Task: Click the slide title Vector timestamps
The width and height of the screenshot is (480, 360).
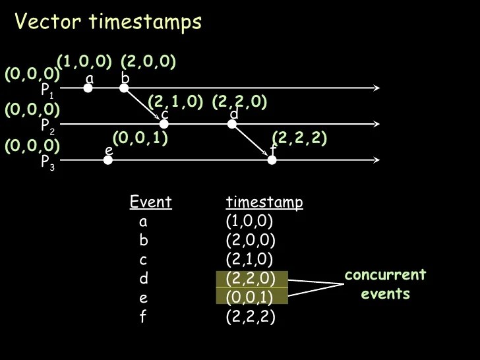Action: (108, 22)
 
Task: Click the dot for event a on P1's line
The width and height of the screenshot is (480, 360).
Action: (88, 87)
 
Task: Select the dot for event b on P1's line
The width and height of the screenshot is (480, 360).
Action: (125, 87)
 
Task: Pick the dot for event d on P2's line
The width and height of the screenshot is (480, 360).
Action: (233, 123)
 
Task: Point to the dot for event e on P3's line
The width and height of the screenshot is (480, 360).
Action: (108, 159)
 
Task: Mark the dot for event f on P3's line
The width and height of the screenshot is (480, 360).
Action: (272, 159)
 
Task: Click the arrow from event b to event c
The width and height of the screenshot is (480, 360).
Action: (144, 105)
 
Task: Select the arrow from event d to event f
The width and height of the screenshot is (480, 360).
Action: (252, 140)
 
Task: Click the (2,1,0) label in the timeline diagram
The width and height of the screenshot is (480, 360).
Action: (175, 102)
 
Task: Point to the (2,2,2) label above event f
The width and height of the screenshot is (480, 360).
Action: (299, 138)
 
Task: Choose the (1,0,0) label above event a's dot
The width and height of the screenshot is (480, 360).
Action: (84, 63)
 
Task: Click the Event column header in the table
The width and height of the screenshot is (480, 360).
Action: (151, 202)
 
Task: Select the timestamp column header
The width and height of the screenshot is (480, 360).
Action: (264, 202)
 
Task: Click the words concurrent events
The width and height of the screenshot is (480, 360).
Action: (385, 284)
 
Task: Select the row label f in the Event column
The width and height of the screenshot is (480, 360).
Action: (142, 317)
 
